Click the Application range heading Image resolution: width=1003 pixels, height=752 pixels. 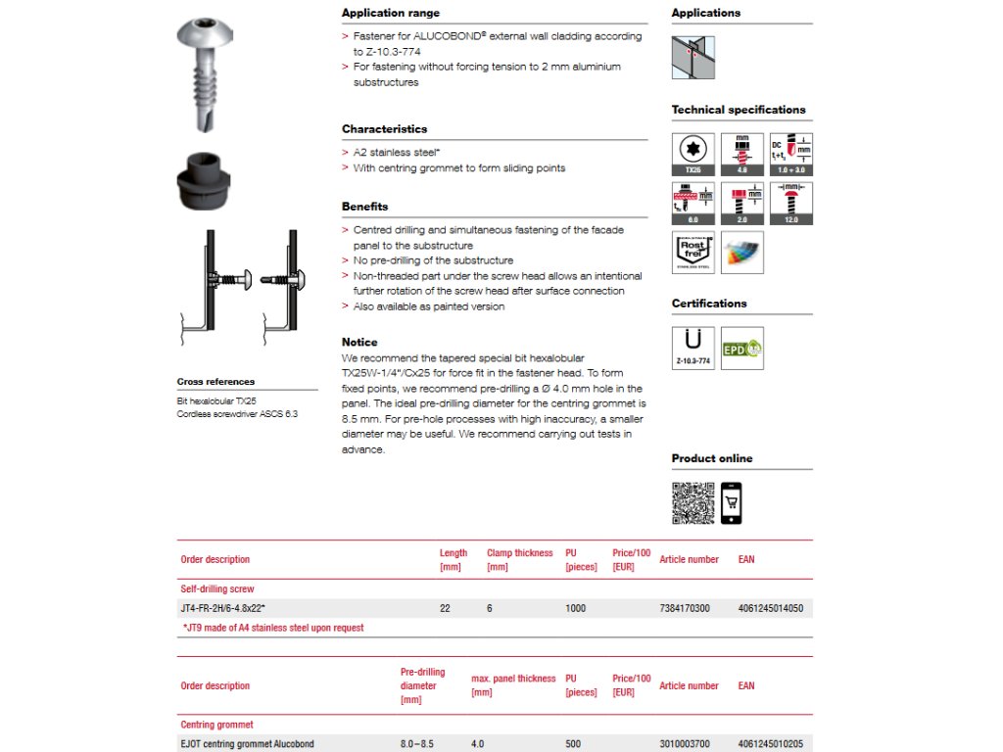pyautogui.click(x=391, y=14)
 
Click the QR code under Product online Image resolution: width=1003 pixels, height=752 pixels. pyautogui.click(x=693, y=503)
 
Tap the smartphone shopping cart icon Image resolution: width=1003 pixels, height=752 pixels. pyautogui.click(x=731, y=503)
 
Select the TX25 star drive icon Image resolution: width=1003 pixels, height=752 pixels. pyautogui.click(x=693, y=155)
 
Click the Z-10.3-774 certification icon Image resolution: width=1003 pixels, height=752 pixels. pyautogui.click(x=693, y=348)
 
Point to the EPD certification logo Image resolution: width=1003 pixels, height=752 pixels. pyautogui.click(x=741, y=348)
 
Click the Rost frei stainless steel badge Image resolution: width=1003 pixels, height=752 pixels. pyautogui.click(x=693, y=252)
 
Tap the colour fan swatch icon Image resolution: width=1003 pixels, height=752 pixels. pyautogui.click(x=741, y=252)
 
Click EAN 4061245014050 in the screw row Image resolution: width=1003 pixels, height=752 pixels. pyautogui.click(x=770, y=608)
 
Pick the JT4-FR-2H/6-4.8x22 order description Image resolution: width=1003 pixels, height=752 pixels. pyautogui.click(x=223, y=608)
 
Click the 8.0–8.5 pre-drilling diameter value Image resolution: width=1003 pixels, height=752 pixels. pyautogui.click(x=419, y=744)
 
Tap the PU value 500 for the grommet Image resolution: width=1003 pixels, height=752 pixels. pyautogui.click(x=573, y=744)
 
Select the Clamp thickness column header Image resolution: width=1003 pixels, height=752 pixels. pyautogui.click(x=519, y=559)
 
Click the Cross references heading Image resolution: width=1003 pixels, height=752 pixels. pyautogui.click(x=215, y=382)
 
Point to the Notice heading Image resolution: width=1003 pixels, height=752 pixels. pyautogui.click(x=359, y=343)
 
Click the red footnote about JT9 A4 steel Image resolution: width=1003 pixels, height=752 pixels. pyautogui.click(x=273, y=628)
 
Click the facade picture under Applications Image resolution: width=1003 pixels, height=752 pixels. pyautogui.click(x=693, y=58)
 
